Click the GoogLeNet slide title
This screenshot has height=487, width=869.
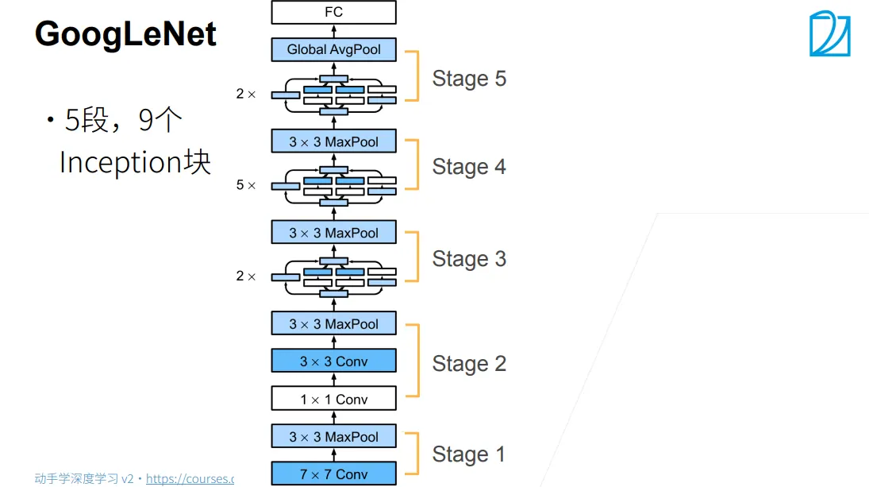click(x=125, y=34)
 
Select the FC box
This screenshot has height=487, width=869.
click(x=333, y=12)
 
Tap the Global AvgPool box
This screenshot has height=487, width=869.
click(x=333, y=49)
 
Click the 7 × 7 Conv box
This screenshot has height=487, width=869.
click(x=333, y=473)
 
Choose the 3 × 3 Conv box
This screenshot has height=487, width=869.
click(x=333, y=361)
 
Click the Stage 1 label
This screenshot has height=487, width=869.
click(x=468, y=454)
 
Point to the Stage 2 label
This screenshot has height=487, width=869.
click(x=469, y=364)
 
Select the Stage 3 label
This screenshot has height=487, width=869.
click(x=469, y=259)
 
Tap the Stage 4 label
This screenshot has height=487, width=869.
click(x=469, y=167)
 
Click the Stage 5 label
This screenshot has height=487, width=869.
click(x=469, y=79)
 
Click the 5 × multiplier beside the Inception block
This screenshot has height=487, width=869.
click(x=245, y=184)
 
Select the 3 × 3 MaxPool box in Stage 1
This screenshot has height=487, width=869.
click(x=333, y=436)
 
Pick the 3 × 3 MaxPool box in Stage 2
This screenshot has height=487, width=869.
click(x=333, y=323)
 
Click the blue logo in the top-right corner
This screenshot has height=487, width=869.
click(x=829, y=33)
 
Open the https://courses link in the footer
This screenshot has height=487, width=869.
click(x=190, y=479)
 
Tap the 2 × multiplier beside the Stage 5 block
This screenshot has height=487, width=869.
click(x=245, y=94)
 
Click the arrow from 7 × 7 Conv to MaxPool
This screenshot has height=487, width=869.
click(x=333, y=455)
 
